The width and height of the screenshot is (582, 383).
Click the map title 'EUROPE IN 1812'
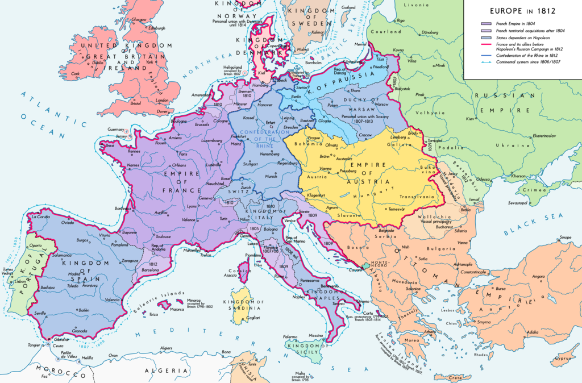pos(522,10)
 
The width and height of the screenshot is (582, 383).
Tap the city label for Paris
pos(183,154)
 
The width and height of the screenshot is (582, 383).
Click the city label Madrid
pos(75,274)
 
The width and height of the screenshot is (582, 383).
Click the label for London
pos(162,101)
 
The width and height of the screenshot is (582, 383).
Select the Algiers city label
pos(165,348)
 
